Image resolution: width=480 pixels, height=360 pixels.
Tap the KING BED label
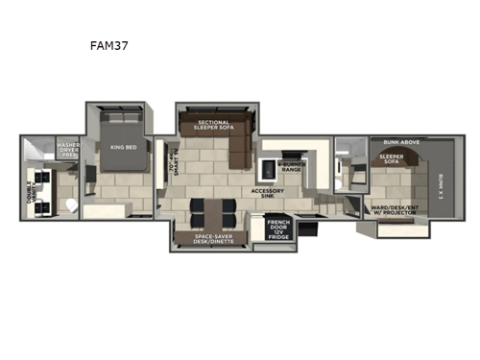[123, 147]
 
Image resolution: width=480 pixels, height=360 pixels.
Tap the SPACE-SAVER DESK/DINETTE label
[211, 236]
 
